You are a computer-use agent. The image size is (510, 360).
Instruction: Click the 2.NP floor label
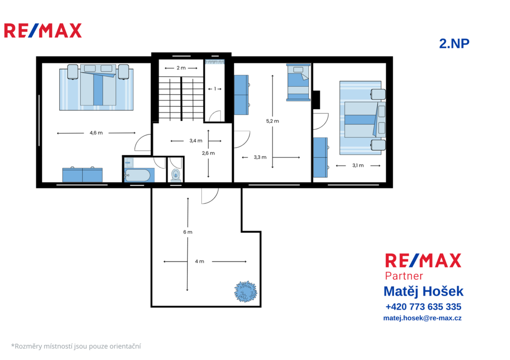pyautogui.click(x=454, y=44)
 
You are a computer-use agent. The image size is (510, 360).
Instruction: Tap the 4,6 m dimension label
pyautogui.click(x=96, y=132)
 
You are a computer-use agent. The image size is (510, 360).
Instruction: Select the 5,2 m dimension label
pyautogui.click(x=272, y=121)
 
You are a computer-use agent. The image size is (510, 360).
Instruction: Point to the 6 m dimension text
pyautogui.click(x=188, y=232)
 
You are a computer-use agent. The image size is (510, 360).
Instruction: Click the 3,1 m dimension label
pyautogui.click(x=358, y=165)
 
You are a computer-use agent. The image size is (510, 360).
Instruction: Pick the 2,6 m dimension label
pyautogui.click(x=208, y=153)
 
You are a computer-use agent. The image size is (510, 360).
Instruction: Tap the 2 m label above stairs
pyautogui.click(x=181, y=68)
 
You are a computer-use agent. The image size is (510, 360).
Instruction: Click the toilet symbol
pyautogui.click(x=176, y=175)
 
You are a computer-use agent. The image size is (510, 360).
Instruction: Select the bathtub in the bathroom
pyautogui.click(x=137, y=176)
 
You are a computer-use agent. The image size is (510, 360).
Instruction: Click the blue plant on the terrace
pyautogui.click(x=246, y=291)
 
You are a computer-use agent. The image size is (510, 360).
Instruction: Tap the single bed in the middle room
pyautogui.click(x=298, y=82)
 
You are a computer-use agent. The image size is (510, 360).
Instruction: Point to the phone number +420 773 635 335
pyautogui.click(x=423, y=307)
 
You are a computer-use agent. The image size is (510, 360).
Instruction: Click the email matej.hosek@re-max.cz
pyautogui.click(x=422, y=318)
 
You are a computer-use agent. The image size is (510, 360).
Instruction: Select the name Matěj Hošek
pyautogui.click(x=423, y=291)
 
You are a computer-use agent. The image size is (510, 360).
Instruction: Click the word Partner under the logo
pyautogui.click(x=403, y=276)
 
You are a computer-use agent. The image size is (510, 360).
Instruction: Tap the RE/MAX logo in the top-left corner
pyautogui.click(x=43, y=30)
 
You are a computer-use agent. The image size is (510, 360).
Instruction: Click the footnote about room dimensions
pyautogui.click(x=76, y=347)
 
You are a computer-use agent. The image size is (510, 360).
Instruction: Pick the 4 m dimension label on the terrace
pyautogui.click(x=199, y=261)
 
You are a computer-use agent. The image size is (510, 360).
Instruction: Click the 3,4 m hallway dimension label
pyautogui.click(x=196, y=141)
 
